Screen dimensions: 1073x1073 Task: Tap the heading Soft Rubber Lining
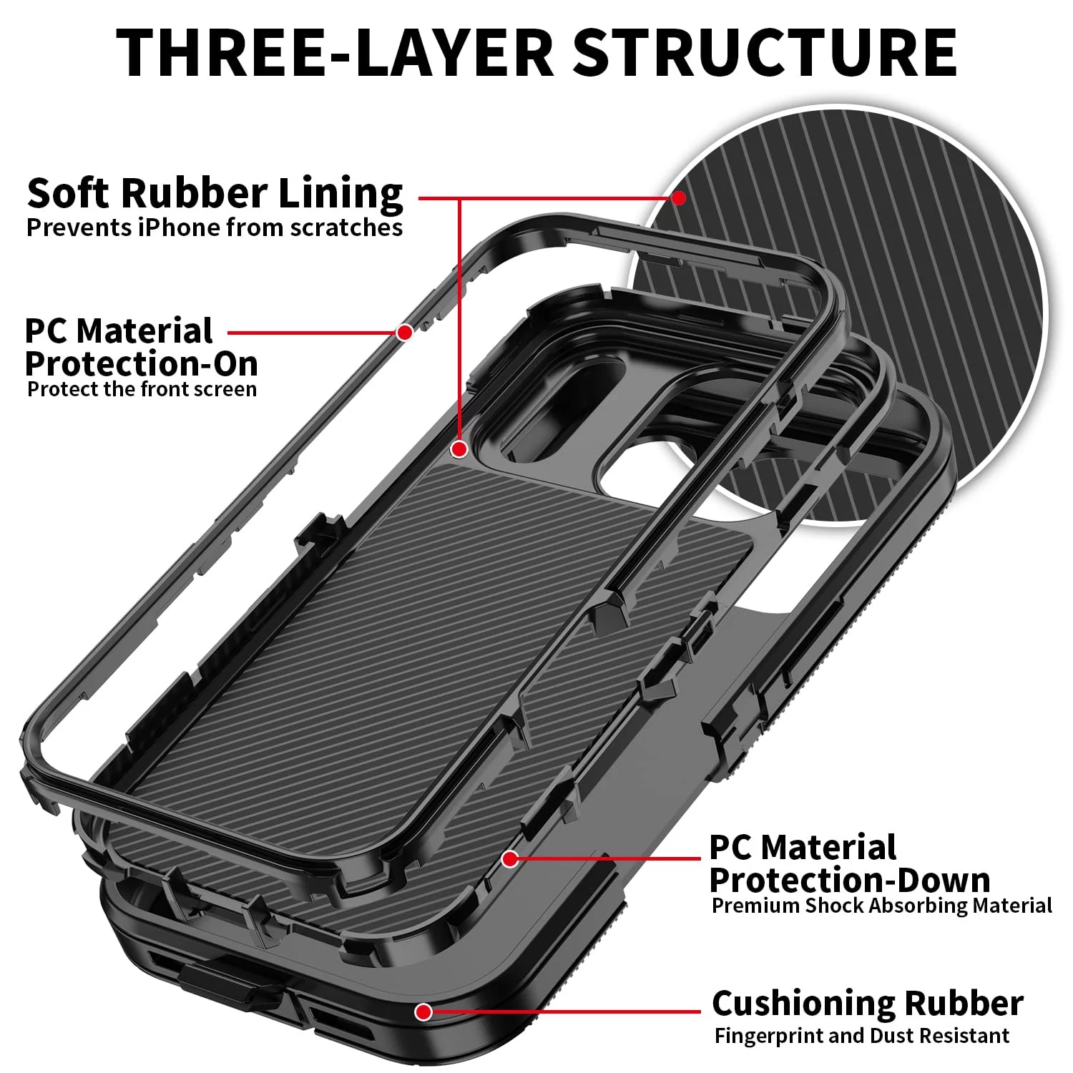click(x=215, y=194)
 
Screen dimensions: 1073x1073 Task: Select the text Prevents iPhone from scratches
click(x=215, y=227)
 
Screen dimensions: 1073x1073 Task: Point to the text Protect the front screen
click(x=142, y=389)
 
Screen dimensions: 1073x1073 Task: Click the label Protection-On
click(x=141, y=363)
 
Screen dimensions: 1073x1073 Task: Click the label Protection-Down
click(x=850, y=880)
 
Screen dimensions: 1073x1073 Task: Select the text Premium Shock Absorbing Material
click(x=881, y=906)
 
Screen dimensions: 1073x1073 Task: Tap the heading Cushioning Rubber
click(x=867, y=1003)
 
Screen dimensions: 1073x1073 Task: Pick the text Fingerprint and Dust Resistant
click(x=861, y=1036)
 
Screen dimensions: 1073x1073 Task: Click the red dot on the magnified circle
click(x=679, y=197)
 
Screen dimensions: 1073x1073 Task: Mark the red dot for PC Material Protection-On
click(x=404, y=333)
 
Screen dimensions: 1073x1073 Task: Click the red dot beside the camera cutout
click(x=459, y=449)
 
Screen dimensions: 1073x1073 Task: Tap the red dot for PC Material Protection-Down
click(x=509, y=858)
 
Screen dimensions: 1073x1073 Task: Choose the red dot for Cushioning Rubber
click(x=423, y=1011)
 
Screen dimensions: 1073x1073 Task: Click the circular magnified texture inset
click(x=837, y=318)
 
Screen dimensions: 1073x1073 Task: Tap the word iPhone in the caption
click(x=180, y=227)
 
